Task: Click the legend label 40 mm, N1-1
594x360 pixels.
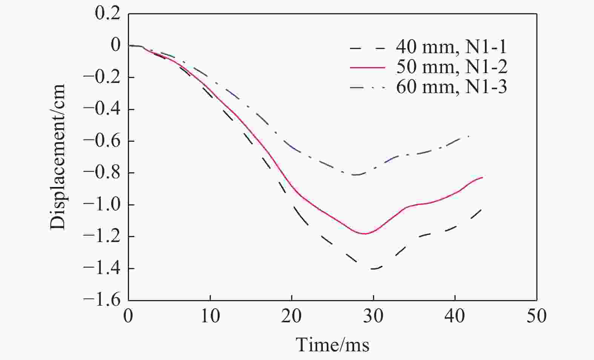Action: pos(451,47)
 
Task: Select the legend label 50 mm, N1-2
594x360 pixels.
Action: pos(451,67)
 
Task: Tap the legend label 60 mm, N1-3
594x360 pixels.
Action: pos(451,87)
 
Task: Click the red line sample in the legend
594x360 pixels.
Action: pos(368,67)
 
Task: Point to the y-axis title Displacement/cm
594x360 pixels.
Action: pos(58,156)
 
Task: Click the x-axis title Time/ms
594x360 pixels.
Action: pos(332,344)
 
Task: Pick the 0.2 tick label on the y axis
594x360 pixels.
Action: pos(107,14)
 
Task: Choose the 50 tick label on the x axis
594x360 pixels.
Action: pos(536,316)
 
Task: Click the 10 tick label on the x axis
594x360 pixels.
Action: pos(210,316)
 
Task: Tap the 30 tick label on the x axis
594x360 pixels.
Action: pos(373,316)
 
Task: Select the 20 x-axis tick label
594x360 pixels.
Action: pos(292,316)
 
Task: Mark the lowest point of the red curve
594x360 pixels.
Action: pos(364,234)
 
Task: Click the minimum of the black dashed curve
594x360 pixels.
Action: pos(373,269)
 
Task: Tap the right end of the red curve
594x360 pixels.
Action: pos(482,177)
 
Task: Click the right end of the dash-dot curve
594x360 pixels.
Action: pos(469,136)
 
